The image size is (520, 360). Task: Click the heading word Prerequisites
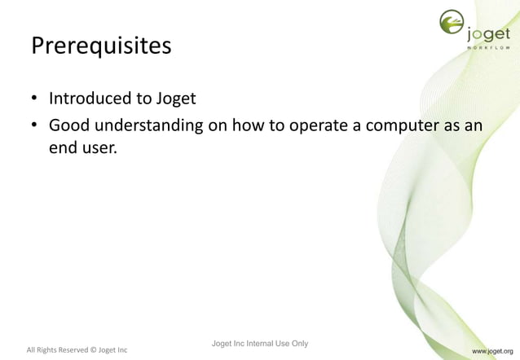[101, 46]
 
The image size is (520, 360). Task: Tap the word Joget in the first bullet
[176, 99]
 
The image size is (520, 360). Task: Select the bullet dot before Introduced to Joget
[35, 101]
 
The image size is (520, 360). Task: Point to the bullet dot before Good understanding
[35, 127]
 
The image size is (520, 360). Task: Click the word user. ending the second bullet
[100, 149]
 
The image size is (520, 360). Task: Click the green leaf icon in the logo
[452, 25]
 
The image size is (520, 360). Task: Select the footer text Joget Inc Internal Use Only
[259, 343]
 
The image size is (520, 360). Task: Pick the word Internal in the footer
[261, 343]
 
